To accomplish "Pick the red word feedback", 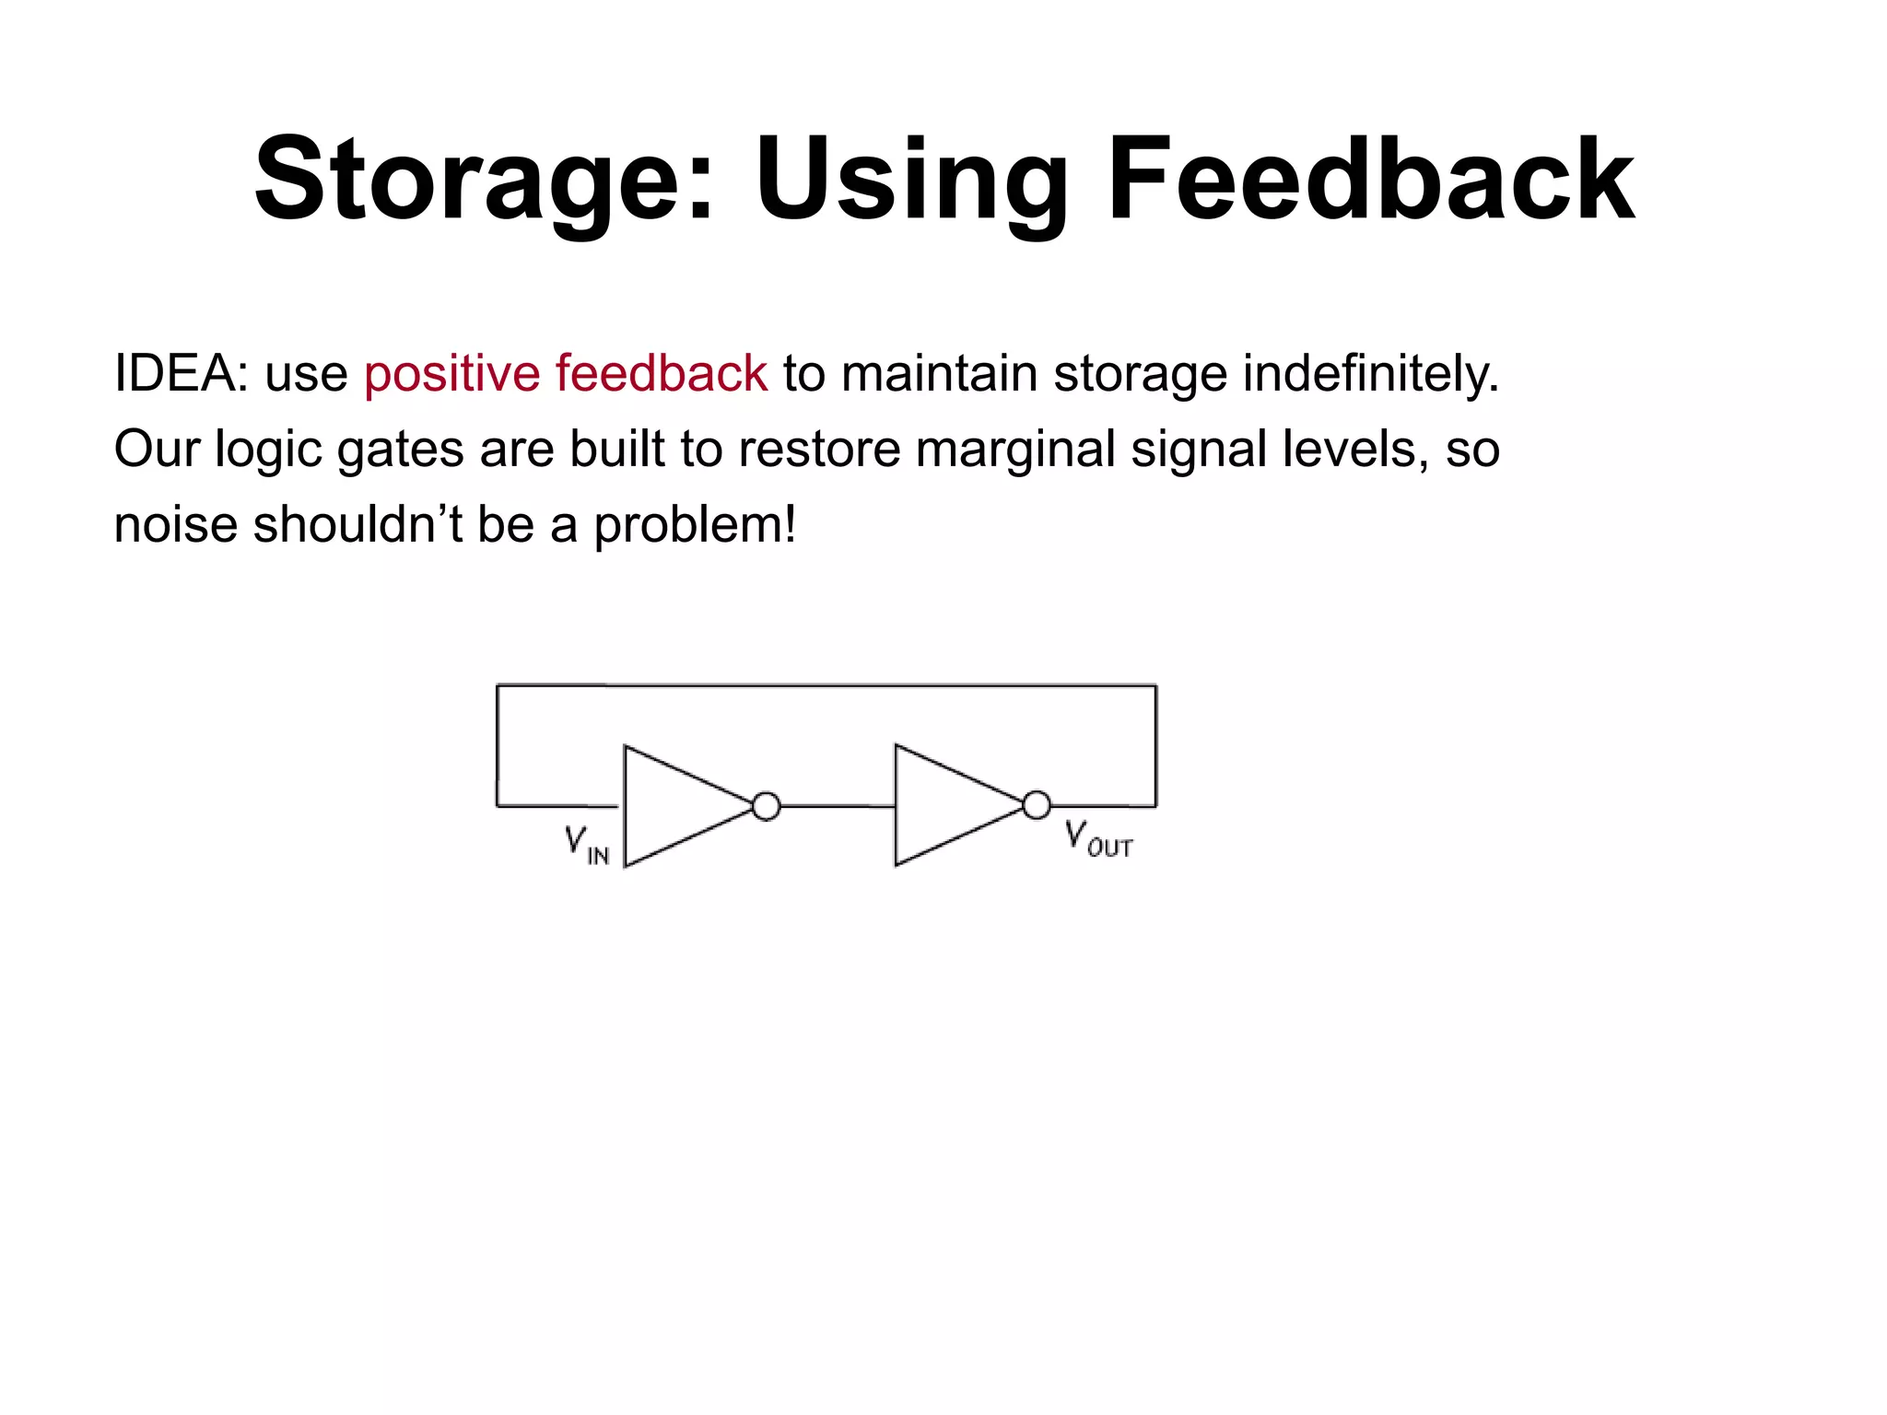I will pos(661,374).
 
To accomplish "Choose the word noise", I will pos(175,525).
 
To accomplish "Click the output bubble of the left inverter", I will pos(766,806).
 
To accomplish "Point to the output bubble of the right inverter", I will pos(1037,805).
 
